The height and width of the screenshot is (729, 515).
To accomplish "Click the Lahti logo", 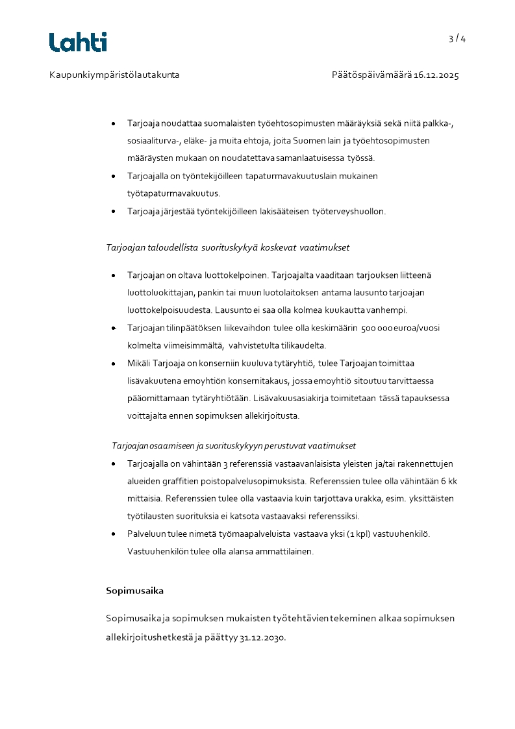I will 78,42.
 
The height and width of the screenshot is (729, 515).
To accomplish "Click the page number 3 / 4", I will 457,39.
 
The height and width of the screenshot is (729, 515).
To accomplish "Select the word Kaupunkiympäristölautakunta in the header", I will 114,75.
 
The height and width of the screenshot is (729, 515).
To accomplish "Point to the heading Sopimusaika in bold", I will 134,591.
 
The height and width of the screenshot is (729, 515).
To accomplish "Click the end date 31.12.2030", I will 262,637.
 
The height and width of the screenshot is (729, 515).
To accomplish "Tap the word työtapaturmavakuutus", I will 174,193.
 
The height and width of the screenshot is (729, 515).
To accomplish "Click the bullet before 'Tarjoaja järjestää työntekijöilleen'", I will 114,211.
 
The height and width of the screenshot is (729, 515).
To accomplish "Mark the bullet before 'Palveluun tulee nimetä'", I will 114,534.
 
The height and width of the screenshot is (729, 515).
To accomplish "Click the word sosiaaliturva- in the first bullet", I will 153,140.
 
